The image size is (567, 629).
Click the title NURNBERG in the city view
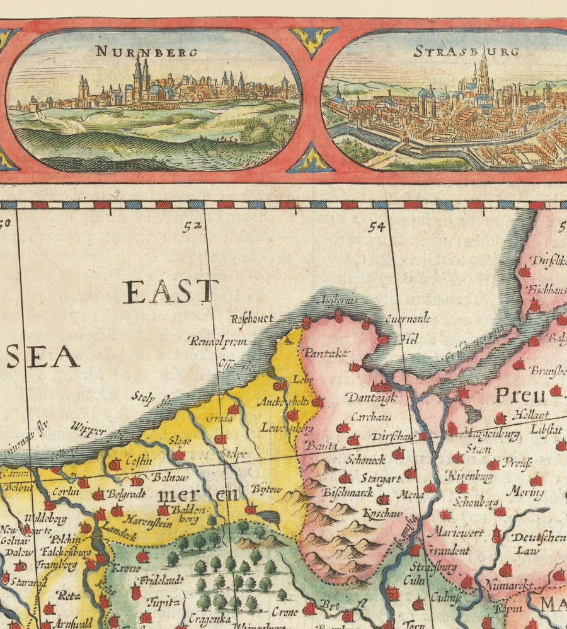(146, 52)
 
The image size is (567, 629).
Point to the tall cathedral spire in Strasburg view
(483, 72)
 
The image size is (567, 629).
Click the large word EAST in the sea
(170, 292)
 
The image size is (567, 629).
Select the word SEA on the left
(42, 357)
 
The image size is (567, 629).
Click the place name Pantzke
(325, 353)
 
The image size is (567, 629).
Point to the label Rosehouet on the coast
(252, 319)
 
